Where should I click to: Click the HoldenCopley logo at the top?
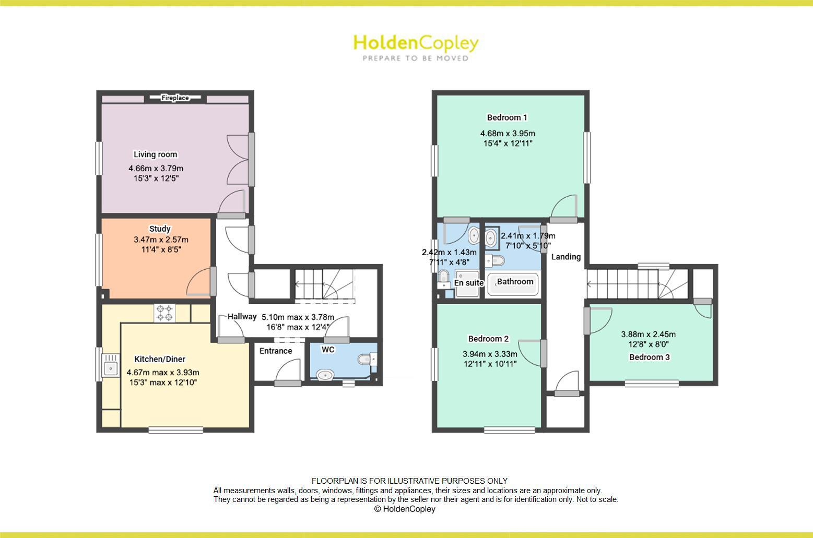point(416,47)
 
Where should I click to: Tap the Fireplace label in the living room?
point(175,98)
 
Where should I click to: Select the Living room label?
point(155,154)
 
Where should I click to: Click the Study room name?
point(160,229)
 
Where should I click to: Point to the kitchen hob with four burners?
point(164,313)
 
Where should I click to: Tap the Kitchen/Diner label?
point(160,359)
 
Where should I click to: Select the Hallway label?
point(242,317)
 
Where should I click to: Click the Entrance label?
point(276,351)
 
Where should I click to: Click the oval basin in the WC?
point(326,375)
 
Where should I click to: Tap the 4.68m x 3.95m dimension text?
point(508,134)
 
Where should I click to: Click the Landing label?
point(566,257)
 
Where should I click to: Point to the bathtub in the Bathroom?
point(512,284)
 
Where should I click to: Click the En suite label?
point(469,283)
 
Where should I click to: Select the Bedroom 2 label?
point(488,339)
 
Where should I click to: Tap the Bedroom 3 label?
point(650,357)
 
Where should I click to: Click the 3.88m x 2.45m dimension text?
point(648,334)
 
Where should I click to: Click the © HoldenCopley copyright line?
point(405,509)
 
